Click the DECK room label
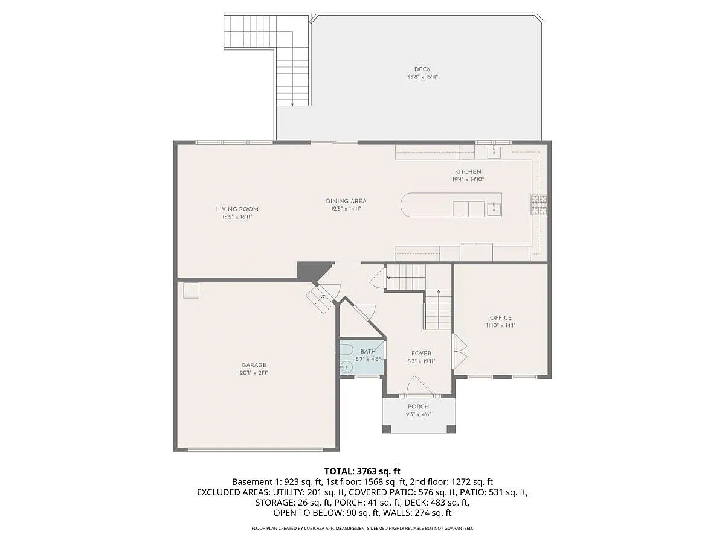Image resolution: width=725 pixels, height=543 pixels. (x=422, y=69)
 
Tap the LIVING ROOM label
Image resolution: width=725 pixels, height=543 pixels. (x=237, y=209)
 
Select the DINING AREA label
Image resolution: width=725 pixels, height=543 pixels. (x=346, y=201)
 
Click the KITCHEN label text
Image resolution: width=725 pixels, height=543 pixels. (x=468, y=171)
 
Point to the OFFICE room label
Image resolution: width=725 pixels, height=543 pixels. (x=500, y=317)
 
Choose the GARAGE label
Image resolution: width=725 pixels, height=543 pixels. (x=254, y=364)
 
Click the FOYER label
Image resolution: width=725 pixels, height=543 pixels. (x=421, y=354)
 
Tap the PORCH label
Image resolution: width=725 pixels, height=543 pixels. (x=418, y=407)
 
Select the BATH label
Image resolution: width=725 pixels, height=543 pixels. (x=367, y=351)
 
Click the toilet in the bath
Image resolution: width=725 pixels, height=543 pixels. (x=346, y=366)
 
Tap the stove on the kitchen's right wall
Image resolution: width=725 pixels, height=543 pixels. (x=539, y=205)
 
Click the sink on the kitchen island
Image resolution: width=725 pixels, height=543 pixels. (x=494, y=209)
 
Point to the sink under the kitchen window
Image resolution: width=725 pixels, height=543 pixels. (x=494, y=151)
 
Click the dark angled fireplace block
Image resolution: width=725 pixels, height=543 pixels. (x=314, y=270)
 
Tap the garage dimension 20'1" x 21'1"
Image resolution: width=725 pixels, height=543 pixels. (x=254, y=373)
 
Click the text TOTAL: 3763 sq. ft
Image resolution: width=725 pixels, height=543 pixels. (x=362, y=471)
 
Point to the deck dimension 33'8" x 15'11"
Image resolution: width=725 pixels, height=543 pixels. (x=422, y=77)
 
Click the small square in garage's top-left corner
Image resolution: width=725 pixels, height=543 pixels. (x=192, y=290)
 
